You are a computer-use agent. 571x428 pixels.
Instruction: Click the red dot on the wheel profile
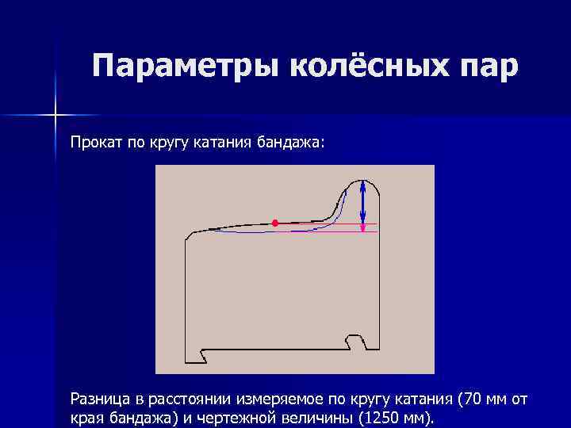pos(275,224)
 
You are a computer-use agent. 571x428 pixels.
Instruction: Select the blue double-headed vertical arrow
pos(362,202)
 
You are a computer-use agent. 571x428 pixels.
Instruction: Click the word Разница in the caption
pos(98,398)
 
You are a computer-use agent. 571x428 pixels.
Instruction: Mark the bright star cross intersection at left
pos(56,116)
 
